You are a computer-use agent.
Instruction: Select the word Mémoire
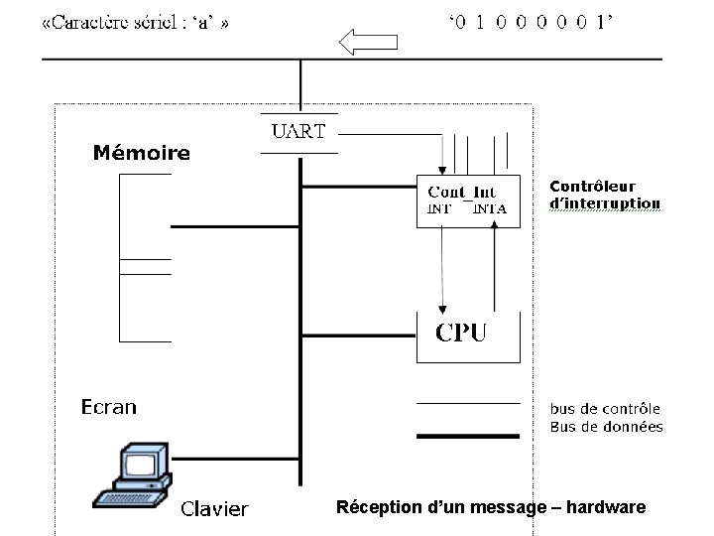pos(141,153)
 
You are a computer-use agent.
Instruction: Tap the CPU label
pos(461,332)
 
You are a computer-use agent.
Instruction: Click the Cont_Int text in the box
pos(461,192)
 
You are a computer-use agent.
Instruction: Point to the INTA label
pos(490,208)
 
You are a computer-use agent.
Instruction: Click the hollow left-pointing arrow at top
pos(369,42)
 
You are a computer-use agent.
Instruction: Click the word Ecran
pos(108,407)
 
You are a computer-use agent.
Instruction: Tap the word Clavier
pos(214,509)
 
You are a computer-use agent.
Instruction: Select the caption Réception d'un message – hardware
pos(491,507)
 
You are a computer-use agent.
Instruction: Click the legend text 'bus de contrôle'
pos(605,408)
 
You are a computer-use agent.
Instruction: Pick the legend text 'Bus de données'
pos(606,427)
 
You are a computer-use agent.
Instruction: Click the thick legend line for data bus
pos(466,435)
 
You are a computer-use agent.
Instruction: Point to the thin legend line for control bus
pos(466,404)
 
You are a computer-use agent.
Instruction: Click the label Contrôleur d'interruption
pos(604,195)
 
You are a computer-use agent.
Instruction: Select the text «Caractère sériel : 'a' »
pos(136,23)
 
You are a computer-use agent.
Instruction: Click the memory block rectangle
pos(145,258)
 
